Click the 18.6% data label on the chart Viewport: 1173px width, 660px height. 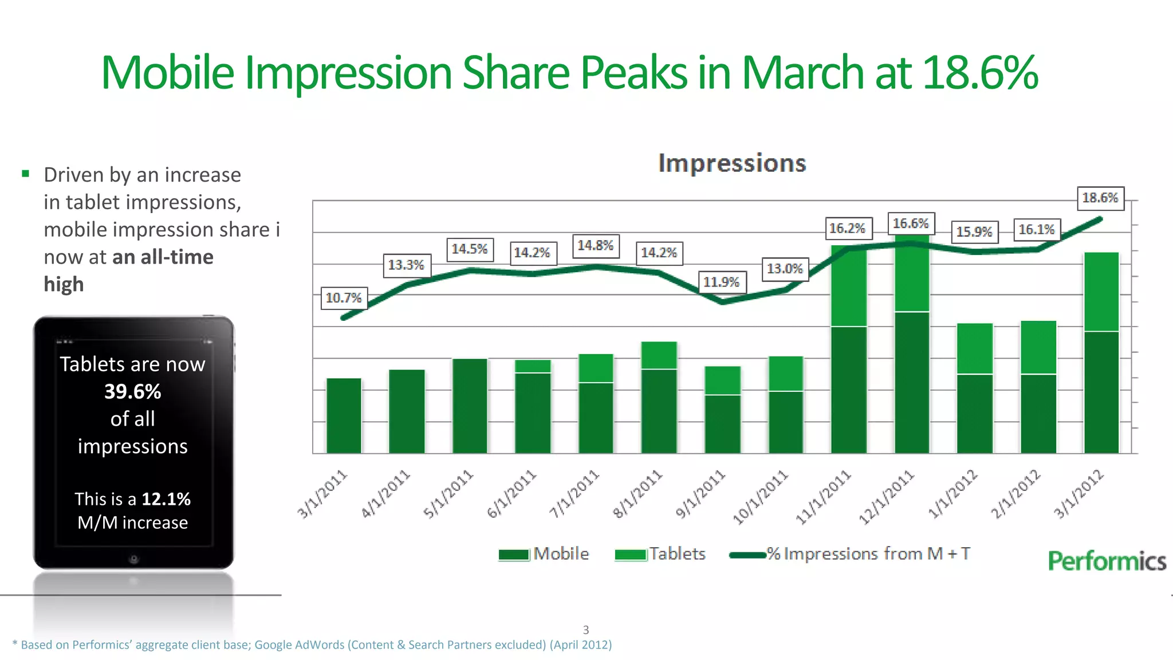[1100, 198]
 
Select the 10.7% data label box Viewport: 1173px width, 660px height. [344, 298]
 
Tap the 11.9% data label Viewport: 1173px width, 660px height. [722, 282]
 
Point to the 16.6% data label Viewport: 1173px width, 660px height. [911, 223]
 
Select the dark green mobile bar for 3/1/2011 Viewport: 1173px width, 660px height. [344, 415]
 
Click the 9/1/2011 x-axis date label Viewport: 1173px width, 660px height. [700, 493]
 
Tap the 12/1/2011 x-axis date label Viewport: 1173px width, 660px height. [886, 497]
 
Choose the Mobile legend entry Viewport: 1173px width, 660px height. [544, 554]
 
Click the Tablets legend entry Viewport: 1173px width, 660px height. [660, 554]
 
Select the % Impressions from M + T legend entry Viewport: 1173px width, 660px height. [851, 554]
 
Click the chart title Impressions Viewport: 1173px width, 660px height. [732, 163]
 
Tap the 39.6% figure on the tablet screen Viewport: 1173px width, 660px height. [132, 392]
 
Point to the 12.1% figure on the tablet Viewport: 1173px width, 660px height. [166, 499]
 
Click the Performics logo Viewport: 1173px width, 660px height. [1107, 561]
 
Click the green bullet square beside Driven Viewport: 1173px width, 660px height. [25, 174]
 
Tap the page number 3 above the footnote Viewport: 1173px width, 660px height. [585, 630]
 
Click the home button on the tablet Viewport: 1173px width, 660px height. [133, 559]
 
